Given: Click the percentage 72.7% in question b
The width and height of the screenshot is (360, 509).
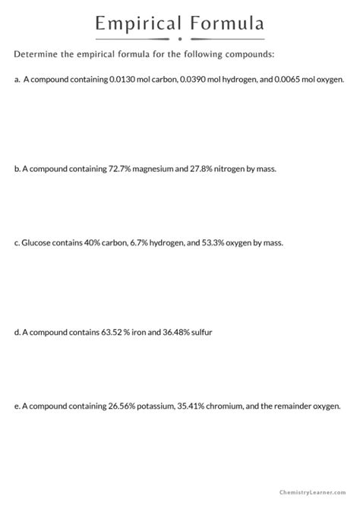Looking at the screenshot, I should coord(112,169).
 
